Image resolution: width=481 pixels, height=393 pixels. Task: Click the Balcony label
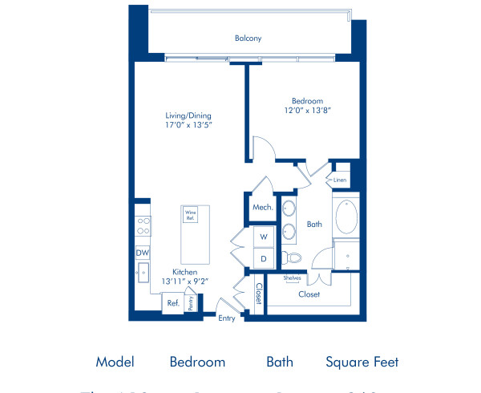click(248, 38)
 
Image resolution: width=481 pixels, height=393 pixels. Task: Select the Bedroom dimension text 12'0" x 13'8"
click(306, 111)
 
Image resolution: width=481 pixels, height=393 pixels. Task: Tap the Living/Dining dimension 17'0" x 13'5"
click(188, 125)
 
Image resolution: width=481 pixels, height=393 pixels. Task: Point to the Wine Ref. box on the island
click(191, 217)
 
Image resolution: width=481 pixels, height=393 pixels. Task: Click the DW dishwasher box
click(142, 253)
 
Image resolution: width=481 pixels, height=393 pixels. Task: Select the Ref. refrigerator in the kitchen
click(172, 303)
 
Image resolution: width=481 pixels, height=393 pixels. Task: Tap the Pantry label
click(191, 302)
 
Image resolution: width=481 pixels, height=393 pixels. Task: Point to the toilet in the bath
click(290, 257)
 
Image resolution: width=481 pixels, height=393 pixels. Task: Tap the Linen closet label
click(341, 180)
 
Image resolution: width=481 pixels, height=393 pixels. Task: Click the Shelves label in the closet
click(292, 278)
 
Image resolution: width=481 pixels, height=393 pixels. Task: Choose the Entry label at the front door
click(228, 318)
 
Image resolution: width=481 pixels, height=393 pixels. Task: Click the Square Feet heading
click(362, 362)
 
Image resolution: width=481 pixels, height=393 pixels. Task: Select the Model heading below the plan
click(115, 362)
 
